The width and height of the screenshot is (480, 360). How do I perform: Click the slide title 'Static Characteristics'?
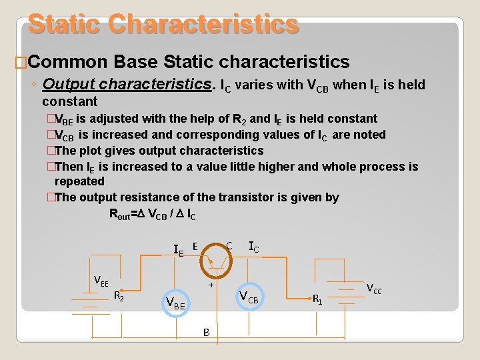point(163,23)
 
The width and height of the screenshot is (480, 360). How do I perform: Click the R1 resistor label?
point(319,299)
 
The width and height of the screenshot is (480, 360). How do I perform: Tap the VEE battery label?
point(101,280)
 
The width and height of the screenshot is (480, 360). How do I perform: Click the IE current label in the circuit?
point(178,250)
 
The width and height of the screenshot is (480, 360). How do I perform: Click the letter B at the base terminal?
point(207,331)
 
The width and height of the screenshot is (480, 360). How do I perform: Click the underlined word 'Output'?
point(71,85)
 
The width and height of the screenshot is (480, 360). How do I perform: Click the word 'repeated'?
point(79,181)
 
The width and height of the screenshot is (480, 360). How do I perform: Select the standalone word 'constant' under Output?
point(69,102)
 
